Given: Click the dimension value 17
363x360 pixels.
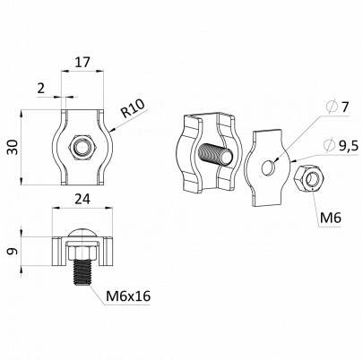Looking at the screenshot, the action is point(82,63).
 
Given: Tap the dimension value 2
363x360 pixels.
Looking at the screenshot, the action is point(41,89).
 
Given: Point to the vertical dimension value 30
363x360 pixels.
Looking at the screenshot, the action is point(13,148).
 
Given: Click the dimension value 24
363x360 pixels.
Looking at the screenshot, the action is point(82,199).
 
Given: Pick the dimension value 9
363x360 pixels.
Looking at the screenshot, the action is point(13,252).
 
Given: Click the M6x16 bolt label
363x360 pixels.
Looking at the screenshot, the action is point(128,296).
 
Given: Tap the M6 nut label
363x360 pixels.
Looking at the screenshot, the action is point(331,218).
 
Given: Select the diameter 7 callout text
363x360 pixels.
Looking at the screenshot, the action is point(338,107).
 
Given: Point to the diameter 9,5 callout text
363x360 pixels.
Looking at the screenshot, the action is point(341,145).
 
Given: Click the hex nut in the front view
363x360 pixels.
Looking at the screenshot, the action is point(82,148).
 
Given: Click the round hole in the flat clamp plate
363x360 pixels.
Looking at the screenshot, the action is point(268,167).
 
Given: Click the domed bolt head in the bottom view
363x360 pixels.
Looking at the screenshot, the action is point(82,234).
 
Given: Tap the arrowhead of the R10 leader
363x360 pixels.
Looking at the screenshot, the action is point(112,130).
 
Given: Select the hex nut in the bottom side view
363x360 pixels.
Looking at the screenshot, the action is point(82,252).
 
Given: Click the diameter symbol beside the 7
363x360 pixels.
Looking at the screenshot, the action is point(332,107).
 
